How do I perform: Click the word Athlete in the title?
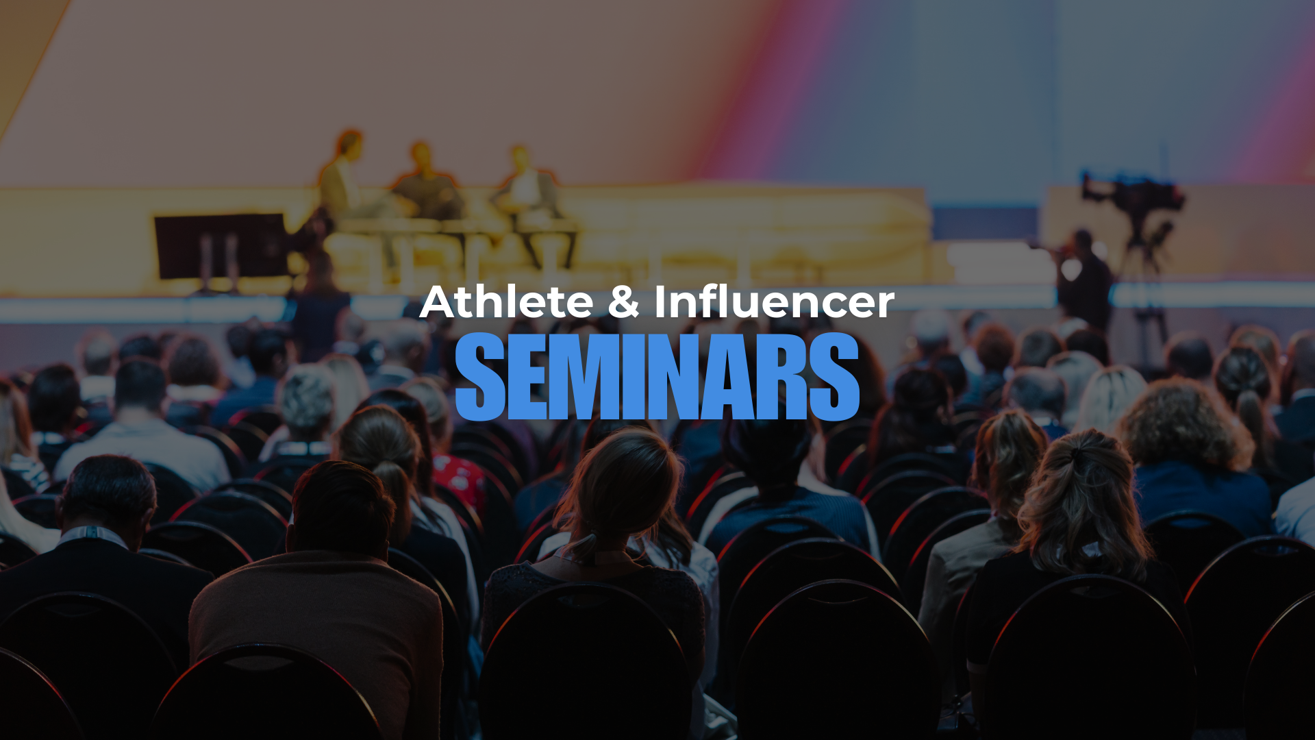[507, 302]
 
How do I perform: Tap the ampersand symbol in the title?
[623, 302]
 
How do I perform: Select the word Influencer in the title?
[774, 302]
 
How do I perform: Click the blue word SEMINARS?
[657, 376]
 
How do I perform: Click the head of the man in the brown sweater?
[342, 507]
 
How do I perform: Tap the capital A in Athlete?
[438, 302]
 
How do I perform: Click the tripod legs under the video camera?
[1151, 322]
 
